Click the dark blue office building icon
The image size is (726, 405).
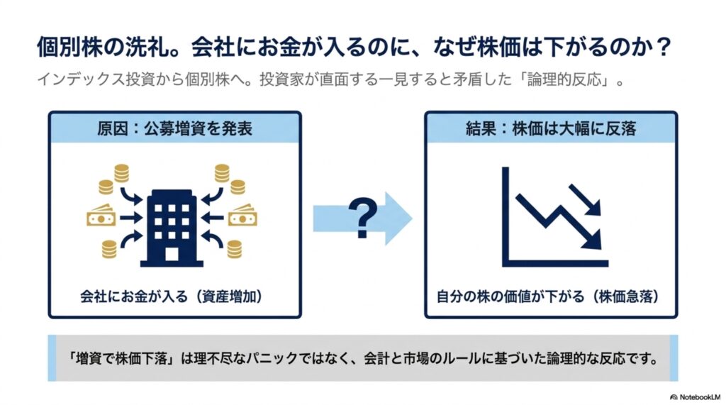point(172,228)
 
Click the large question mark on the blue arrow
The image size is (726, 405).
point(362,218)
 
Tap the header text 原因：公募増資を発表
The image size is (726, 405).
point(174,128)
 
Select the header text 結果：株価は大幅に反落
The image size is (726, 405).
point(551,128)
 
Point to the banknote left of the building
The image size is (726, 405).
point(101,215)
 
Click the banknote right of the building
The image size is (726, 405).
point(242,215)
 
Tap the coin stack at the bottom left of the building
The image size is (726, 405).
point(109,249)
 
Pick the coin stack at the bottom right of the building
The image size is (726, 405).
point(234,249)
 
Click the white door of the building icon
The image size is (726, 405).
point(172,254)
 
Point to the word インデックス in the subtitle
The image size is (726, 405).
point(81,79)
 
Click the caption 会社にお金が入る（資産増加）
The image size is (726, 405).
point(172,296)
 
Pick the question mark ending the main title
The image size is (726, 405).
point(663,47)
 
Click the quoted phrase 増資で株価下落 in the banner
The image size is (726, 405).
point(122,358)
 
